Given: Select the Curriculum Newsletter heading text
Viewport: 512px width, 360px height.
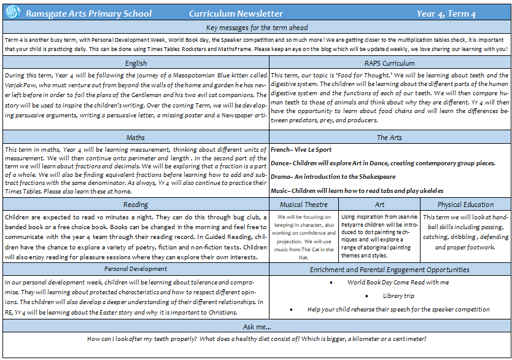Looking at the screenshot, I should pos(236,14).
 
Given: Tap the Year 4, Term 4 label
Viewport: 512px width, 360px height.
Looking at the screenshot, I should pos(446,14).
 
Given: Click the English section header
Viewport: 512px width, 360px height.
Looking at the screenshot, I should pos(135,63).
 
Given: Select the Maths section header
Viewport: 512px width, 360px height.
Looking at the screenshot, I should pos(135,138).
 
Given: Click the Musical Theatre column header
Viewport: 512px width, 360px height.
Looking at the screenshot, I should pos(304,205).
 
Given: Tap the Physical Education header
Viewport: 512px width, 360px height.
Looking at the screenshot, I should pos(465,205).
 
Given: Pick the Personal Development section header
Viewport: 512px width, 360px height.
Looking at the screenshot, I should pos(136,269).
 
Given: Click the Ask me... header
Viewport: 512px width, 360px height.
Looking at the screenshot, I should pos(257,327).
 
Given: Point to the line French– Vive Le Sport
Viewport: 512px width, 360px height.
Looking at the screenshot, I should pos(301,149).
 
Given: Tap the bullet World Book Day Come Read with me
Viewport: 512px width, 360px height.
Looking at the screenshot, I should pos(398,282).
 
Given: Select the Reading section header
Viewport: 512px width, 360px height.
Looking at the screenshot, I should pos(135,205).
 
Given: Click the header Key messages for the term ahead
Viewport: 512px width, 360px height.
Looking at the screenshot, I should pos(257,28).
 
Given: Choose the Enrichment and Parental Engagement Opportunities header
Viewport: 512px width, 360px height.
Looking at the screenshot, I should pos(390,269).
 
